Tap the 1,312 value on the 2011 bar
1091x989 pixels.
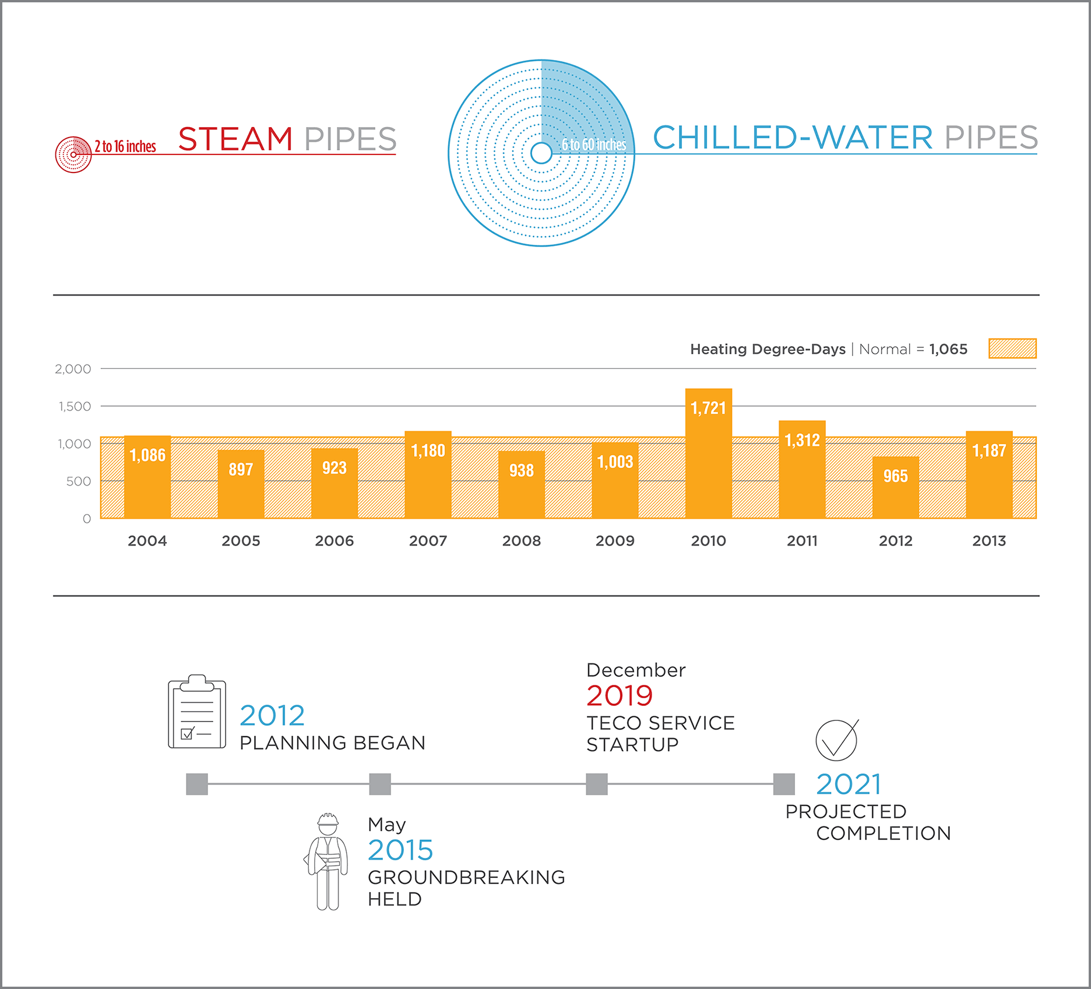coord(802,441)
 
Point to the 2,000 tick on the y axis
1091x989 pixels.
coord(73,369)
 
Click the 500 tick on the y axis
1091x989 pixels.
coord(78,481)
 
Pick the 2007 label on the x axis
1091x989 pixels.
coord(428,541)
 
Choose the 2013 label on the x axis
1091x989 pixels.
coord(989,541)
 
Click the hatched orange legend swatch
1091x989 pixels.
coord(1012,349)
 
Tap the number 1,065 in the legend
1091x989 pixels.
coord(948,349)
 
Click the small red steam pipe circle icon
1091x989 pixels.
coord(73,154)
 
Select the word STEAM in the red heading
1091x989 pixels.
coord(235,139)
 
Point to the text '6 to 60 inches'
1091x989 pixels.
coord(594,145)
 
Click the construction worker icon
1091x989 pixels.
coord(327,861)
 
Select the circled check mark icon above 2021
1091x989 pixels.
coord(836,740)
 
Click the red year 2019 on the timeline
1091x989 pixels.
coord(620,695)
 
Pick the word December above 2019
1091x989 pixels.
coord(636,670)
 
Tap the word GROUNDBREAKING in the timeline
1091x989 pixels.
coord(466,877)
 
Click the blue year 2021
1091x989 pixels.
coord(849,784)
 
